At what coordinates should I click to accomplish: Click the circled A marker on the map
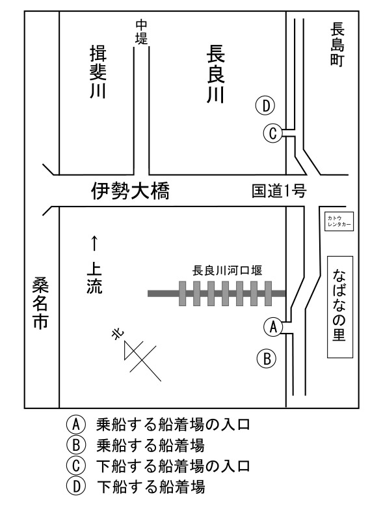tap(273, 327)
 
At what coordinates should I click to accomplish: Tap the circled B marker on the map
tap(267, 359)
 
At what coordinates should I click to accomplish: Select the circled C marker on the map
tap(273, 133)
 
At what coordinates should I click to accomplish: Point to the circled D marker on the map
tap(266, 106)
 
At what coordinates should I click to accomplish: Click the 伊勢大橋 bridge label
tap(131, 191)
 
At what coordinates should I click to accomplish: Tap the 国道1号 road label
tap(279, 191)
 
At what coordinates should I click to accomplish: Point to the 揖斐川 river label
tap(98, 72)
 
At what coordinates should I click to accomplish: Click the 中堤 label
tap(142, 32)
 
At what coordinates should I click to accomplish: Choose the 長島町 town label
tap(337, 44)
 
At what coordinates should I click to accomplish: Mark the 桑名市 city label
tap(40, 304)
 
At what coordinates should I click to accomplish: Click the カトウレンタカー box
tap(339, 221)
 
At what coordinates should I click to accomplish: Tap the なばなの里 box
tap(340, 307)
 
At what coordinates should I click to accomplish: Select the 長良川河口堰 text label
tap(227, 271)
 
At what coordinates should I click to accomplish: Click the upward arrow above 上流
tap(94, 243)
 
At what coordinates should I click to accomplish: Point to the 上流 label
tap(94, 279)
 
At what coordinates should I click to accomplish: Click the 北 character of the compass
tap(118, 334)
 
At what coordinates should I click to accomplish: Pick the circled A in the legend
tap(76, 425)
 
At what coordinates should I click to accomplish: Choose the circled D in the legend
tap(76, 486)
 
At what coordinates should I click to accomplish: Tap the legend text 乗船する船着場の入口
tap(173, 425)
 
